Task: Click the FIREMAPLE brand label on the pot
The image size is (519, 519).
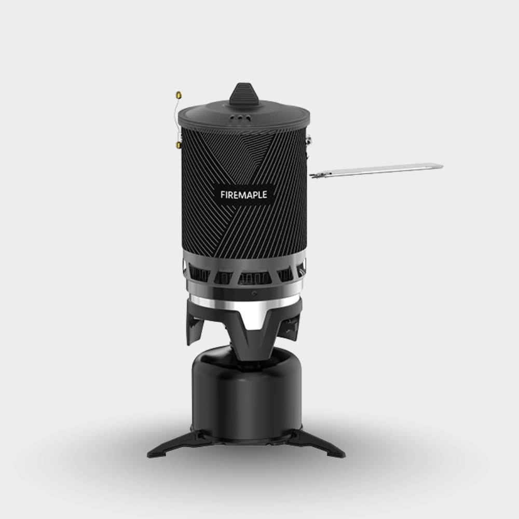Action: [x=243, y=194]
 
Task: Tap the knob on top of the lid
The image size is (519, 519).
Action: [x=243, y=93]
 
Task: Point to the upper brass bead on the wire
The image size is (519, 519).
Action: [x=179, y=95]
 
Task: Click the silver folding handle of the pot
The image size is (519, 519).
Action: [x=374, y=171]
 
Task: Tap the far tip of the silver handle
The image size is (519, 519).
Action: [x=440, y=167]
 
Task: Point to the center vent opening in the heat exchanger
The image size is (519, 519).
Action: [x=254, y=278]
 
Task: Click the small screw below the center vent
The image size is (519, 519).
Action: [x=254, y=293]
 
